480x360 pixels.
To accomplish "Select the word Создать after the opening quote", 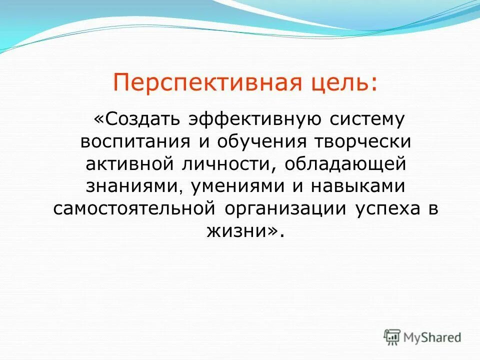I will click(142, 119).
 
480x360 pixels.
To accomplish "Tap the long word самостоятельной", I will click(134, 208).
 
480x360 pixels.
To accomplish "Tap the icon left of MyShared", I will click(392, 337).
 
